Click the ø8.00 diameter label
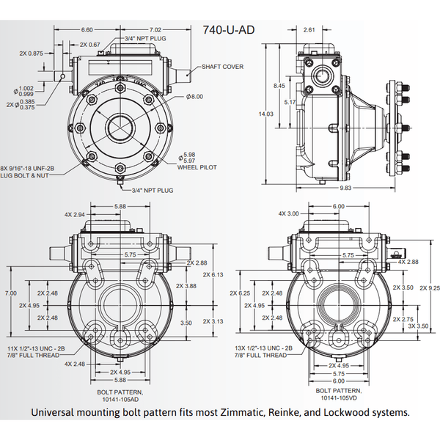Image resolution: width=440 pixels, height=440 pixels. point(194,96)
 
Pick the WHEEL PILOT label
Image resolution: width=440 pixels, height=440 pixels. point(198,167)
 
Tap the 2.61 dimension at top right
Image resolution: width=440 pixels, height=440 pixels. point(309,29)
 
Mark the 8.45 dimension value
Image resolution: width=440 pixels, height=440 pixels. point(279,86)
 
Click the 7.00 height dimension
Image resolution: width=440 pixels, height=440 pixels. point(10,293)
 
